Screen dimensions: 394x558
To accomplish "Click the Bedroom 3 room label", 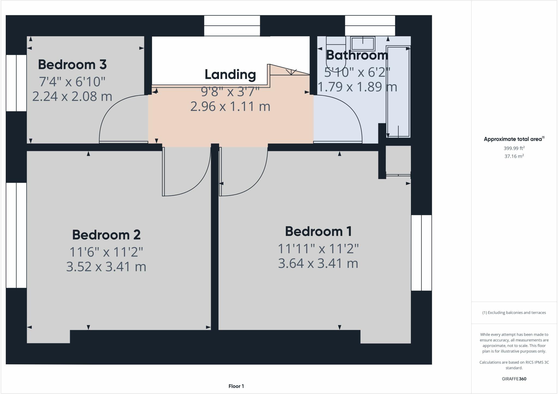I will click(x=72, y=65).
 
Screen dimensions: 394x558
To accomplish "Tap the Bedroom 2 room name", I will click(x=106, y=235).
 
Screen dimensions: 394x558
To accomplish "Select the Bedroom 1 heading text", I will click(x=318, y=231).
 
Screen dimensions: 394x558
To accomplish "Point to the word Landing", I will click(x=230, y=75).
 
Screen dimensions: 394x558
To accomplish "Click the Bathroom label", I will click(x=357, y=55).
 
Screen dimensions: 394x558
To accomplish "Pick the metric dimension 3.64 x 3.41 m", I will click(x=318, y=263).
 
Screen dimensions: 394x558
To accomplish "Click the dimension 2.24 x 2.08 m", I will click(x=72, y=96).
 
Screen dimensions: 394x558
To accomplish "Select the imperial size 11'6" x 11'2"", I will click(x=106, y=252).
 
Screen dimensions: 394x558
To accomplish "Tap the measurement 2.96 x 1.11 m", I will click(x=230, y=106).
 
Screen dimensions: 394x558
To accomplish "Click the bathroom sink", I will click(x=363, y=44).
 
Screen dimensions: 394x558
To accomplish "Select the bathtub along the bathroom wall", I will click(x=398, y=91).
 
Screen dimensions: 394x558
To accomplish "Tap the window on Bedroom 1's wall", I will click(x=421, y=253).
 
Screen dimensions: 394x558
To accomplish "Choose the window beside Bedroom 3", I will click(x=16, y=83).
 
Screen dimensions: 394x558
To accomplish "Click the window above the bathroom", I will click(x=370, y=26).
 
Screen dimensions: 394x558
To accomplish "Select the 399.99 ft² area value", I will click(x=514, y=148).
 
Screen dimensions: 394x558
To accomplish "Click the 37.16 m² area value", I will click(x=514, y=156).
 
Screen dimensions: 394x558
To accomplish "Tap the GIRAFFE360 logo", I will click(x=514, y=379).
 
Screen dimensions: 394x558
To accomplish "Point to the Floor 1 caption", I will click(x=236, y=386).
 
